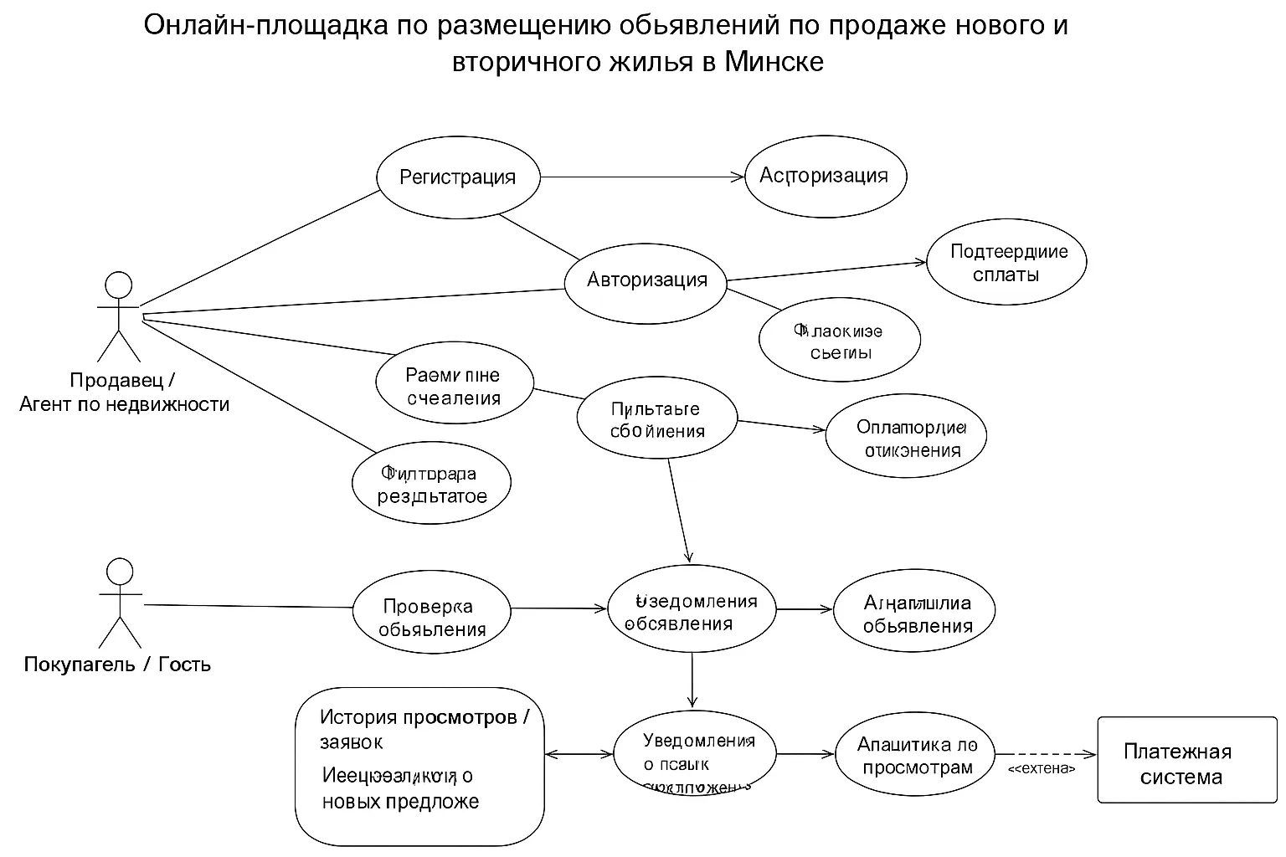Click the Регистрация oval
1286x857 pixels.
pyautogui.click(x=458, y=177)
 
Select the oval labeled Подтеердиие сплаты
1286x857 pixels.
pyautogui.click(x=1006, y=263)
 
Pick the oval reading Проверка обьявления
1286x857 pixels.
pyautogui.click(x=431, y=618)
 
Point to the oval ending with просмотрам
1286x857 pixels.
pyautogui.click(x=917, y=756)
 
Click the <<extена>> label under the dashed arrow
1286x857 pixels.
pyautogui.click(x=1042, y=768)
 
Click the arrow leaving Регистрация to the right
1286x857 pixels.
pyautogui.click(x=640, y=177)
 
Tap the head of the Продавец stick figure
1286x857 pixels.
pyautogui.click(x=118, y=285)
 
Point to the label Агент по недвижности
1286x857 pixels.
pyautogui.click(x=124, y=404)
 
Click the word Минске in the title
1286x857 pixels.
pyautogui.click(x=774, y=62)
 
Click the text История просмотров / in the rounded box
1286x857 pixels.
pyautogui.click(x=424, y=717)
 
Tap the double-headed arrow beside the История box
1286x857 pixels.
pyautogui.click(x=579, y=754)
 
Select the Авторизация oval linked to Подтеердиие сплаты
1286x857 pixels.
pyautogui.click(x=646, y=280)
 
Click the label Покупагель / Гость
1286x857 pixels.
pyautogui.click(x=117, y=665)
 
